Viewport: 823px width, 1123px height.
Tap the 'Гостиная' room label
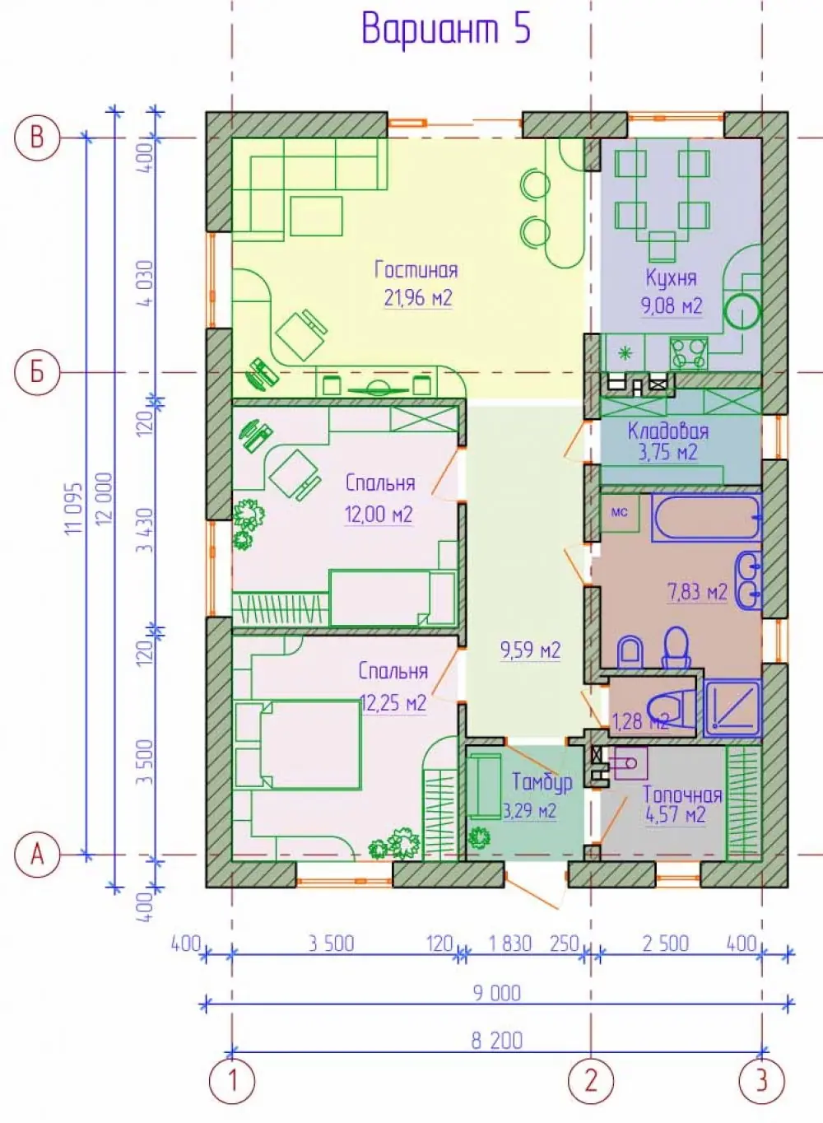tap(416, 270)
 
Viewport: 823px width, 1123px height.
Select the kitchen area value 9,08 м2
tap(672, 305)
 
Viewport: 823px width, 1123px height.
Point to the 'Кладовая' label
tap(668, 431)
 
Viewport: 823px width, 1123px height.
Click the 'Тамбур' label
tap(542, 781)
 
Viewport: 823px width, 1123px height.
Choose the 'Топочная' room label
tap(682, 794)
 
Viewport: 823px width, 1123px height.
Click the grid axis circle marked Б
tap(37, 373)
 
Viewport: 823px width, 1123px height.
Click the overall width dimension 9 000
tap(496, 993)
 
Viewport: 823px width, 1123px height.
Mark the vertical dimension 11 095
tap(73, 510)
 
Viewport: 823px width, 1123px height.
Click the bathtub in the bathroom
tap(707, 519)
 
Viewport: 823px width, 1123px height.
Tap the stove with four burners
tap(689, 353)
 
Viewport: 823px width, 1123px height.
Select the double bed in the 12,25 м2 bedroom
tap(298, 745)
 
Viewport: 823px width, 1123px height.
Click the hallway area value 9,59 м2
tap(531, 650)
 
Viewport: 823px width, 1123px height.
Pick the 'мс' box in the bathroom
tap(620, 512)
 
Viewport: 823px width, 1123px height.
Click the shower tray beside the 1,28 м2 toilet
tap(732, 707)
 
